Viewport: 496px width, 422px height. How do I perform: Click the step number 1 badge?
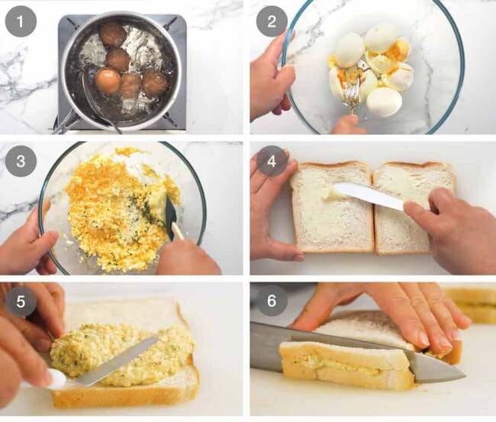[x=21, y=21]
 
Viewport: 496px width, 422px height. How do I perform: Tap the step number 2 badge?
[x=271, y=21]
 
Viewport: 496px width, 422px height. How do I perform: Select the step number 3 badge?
[x=21, y=161]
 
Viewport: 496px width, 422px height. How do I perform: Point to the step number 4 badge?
[x=271, y=161]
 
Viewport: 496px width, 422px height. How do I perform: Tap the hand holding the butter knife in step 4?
[x=454, y=229]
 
